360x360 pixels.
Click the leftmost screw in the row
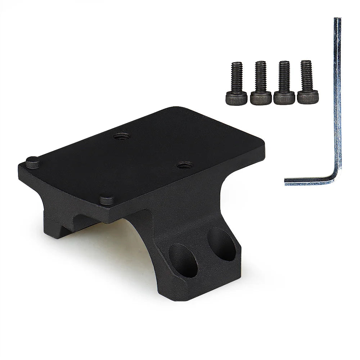coord(236,82)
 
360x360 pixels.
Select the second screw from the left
coord(260,82)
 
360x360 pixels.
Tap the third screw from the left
coord(283,82)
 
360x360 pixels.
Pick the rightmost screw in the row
coord(306,82)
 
